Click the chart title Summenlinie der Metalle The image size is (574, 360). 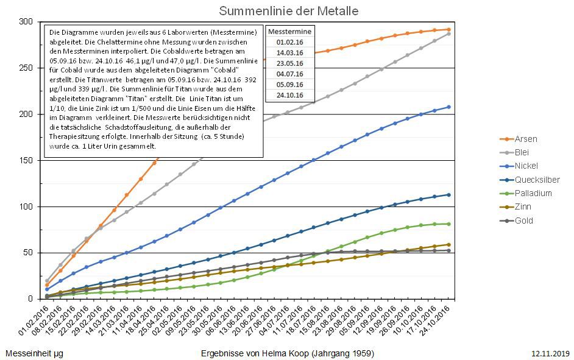pos(288,11)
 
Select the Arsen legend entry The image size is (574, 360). pos(526,139)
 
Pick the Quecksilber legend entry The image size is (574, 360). pos(537,180)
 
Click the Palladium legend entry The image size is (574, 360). pos(533,193)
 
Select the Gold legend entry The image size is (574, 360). pos(524,221)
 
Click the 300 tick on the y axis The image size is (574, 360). pos(26,21)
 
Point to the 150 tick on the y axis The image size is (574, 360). pos(26,160)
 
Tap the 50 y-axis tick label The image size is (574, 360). pos(29,253)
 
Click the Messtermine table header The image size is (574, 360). pos(290,31)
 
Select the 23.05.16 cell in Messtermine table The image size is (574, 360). pos(290,63)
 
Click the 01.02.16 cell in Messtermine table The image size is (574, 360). pos(290,42)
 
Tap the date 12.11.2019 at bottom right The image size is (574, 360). pos(550,353)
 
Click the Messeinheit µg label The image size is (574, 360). pos(34,353)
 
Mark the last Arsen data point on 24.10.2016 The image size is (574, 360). pos(448,29)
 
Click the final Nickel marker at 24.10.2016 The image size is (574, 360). pos(448,107)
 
